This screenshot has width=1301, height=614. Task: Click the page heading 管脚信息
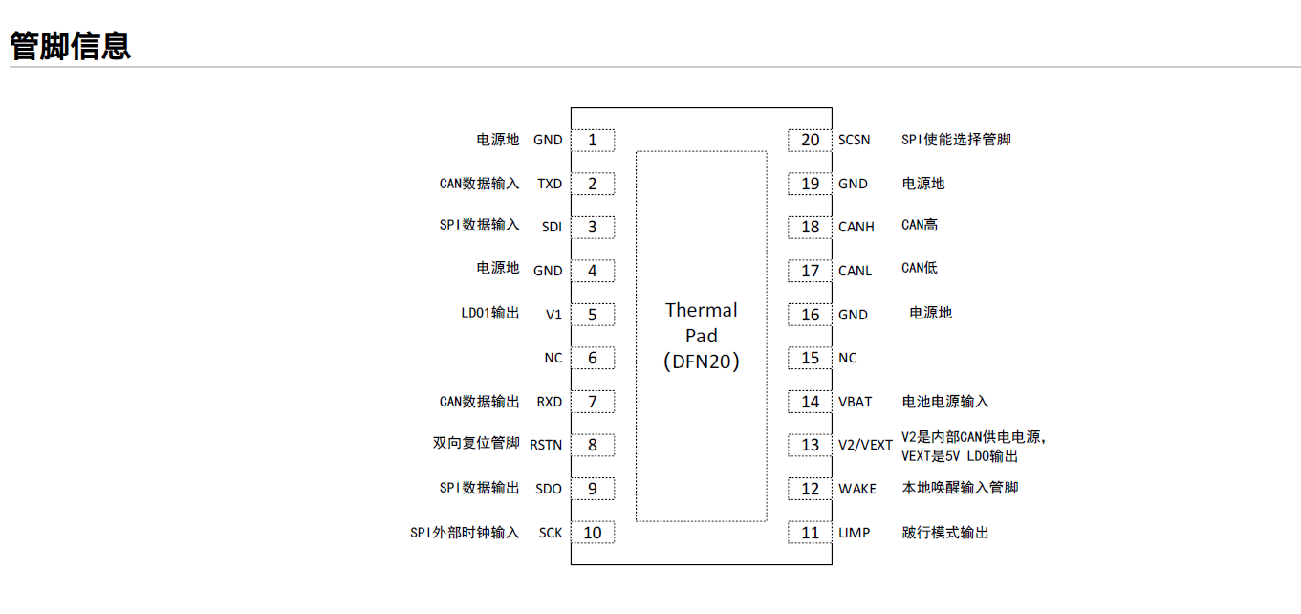point(70,46)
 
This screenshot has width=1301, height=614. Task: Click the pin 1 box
point(593,141)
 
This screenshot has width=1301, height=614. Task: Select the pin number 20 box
point(810,141)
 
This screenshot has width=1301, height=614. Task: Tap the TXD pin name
point(550,184)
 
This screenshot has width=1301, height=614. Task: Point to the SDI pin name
point(552,227)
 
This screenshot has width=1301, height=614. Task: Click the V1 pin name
point(553,315)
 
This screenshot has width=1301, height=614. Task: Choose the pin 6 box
point(593,358)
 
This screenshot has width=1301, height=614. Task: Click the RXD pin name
point(550,402)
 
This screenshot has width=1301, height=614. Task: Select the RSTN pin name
point(546,445)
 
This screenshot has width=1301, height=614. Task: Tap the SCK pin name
point(551,533)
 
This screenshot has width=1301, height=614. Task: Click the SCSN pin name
point(855,141)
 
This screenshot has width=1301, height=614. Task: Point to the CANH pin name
point(856,227)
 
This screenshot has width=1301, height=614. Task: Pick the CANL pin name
point(856,271)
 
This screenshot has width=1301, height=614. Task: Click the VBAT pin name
point(856,402)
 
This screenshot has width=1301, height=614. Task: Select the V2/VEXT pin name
point(865,445)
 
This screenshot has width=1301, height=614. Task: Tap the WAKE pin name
point(857,489)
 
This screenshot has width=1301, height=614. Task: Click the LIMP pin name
point(855,533)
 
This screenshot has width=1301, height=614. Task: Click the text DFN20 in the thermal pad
point(702,362)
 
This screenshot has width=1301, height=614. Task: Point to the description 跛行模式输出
point(945,533)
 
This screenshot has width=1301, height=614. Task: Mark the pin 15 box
point(810,358)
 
